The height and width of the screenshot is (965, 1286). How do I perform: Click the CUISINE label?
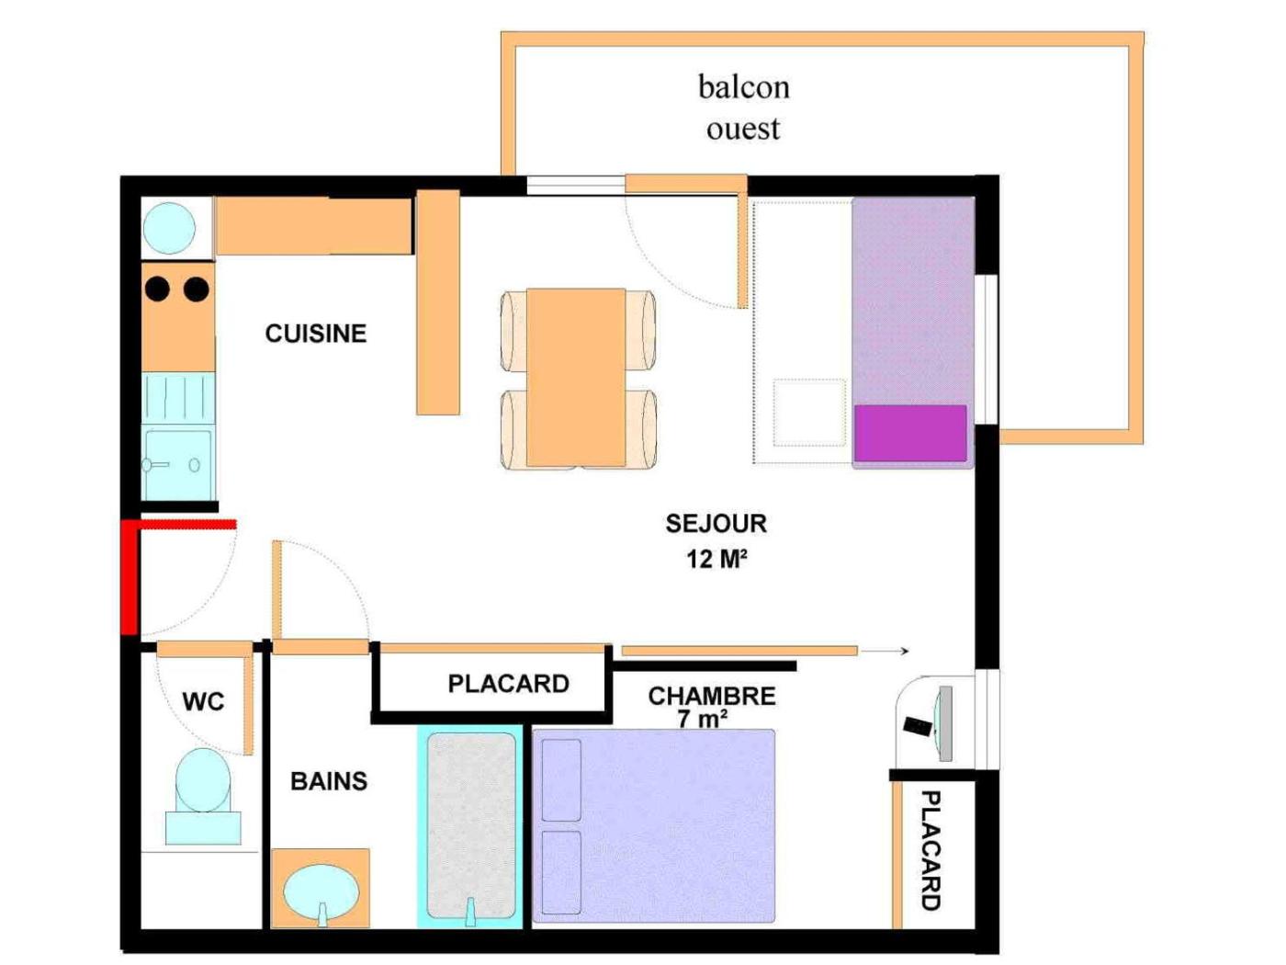point(315,334)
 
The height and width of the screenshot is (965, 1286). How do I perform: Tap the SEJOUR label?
point(716,523)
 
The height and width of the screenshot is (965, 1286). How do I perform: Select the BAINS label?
point(329,781)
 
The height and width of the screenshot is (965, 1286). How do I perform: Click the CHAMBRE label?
point(712,696)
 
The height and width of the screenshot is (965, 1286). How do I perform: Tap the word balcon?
point(743,86)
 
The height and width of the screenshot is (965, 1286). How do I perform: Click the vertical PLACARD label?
point(931,850)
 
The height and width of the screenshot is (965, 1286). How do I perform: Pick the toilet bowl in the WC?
point(203,780)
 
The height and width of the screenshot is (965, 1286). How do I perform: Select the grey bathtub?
point(471,825)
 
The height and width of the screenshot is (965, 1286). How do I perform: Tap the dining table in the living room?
point(576,378)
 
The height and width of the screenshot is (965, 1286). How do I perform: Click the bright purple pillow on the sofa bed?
point(910,432)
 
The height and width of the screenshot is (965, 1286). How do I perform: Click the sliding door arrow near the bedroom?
point(885,651)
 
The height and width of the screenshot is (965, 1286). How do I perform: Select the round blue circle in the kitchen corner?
point(169,228)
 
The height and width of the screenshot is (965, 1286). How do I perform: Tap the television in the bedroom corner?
point(944,723)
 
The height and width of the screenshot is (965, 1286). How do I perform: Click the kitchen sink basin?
point(178,465)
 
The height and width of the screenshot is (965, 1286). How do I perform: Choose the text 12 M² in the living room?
point(716,560)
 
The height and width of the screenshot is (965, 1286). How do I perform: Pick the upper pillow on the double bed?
point(561,780)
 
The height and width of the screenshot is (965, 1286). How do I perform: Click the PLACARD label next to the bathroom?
point(509,684)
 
